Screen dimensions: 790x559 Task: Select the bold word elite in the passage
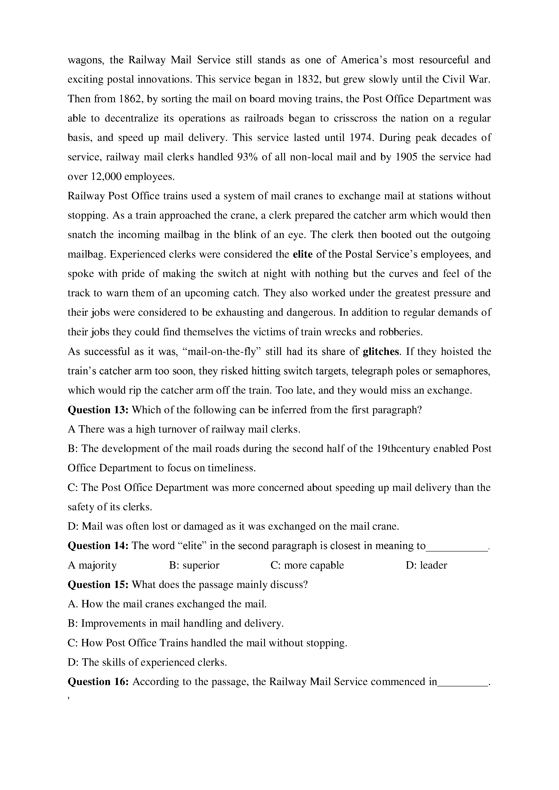303,255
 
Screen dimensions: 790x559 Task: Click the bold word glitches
381,352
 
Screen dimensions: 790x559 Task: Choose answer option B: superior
194,565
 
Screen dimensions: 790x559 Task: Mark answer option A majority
92,565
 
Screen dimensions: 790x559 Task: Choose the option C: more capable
307,565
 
